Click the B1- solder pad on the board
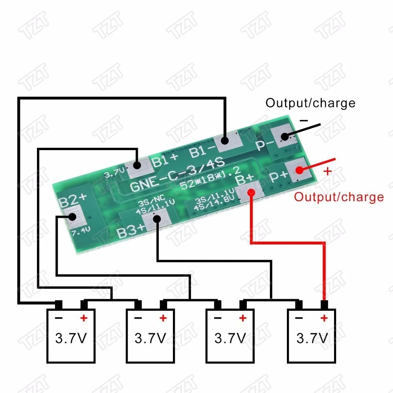click(x=225, y=141)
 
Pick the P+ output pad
click(x=298, y=170)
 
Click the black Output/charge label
click(x=310, y=103)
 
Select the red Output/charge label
click(x=339, y=197)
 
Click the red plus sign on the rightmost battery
click(x=324, y=318)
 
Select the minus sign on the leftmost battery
click(x=58, y=318)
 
